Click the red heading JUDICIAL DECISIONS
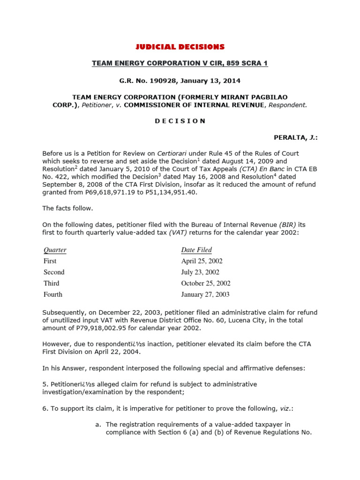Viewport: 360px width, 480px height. (x=180, y=47)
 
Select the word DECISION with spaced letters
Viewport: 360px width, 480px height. (x=180, y=120)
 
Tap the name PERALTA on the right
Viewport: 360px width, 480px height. (x=291, y=137)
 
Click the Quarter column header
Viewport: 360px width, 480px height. (x=55, y=250)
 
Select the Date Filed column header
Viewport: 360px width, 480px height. (x=196, y=250)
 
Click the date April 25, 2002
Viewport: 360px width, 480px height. (x=202, y=261)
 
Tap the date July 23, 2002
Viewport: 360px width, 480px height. (x=200, y=272)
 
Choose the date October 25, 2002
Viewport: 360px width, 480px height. (x=206, y=283)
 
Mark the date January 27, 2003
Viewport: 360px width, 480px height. (x=205, y=294)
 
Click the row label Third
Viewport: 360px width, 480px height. (x=52, y=283)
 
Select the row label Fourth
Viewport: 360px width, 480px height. (x=53, y=294)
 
